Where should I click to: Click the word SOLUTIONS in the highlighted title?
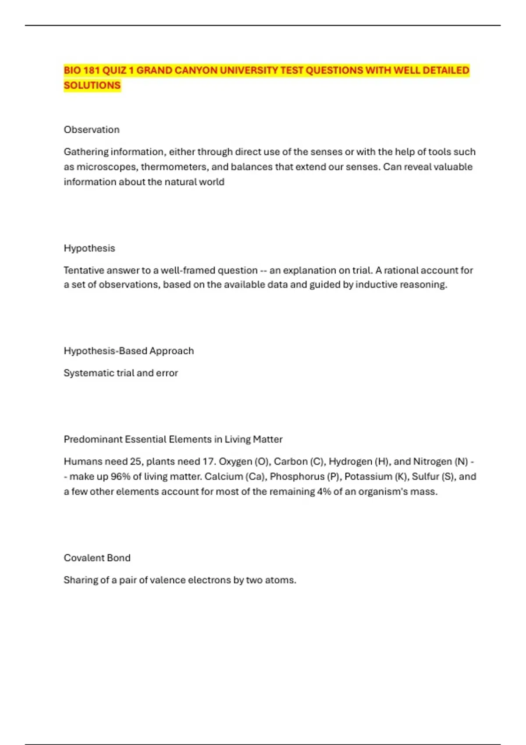(92, 85)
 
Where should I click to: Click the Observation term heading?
(92, 130)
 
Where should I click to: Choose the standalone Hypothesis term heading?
(89, 248)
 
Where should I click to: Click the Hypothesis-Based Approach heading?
(129, 351)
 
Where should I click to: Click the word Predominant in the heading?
(93, 439)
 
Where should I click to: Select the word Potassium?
(368, 477)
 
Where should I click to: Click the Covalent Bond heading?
(97, 558)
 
